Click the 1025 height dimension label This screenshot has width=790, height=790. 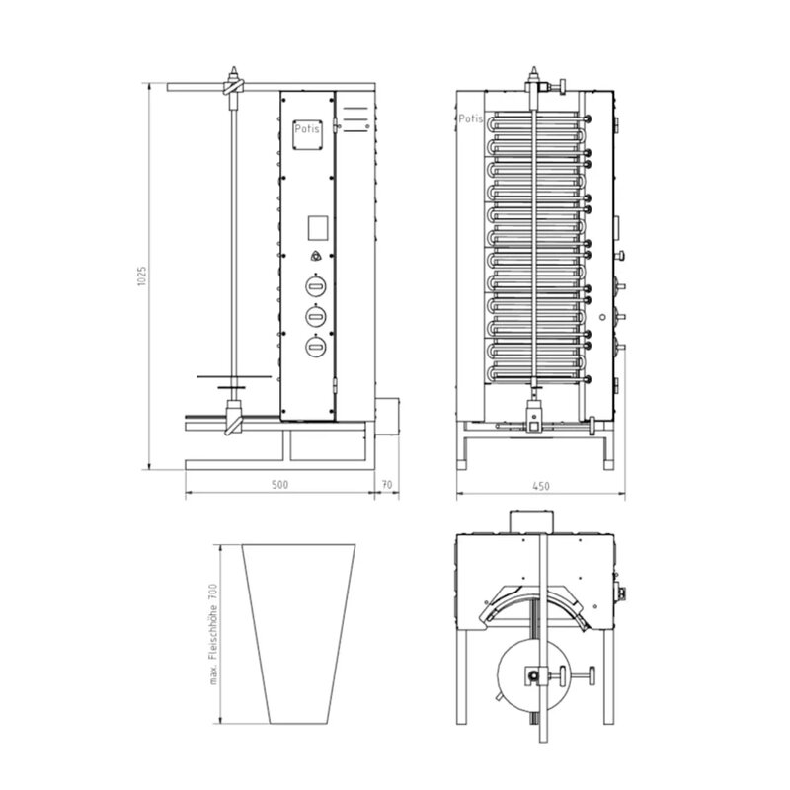(142, 276)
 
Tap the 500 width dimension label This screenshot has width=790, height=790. (279, 485)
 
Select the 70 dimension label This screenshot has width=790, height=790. (386, 485)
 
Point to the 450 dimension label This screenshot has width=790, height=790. (540, 486)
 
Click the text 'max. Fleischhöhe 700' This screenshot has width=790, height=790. (213, 634)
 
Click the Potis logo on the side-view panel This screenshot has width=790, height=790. (307, 129)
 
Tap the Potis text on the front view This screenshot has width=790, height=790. (471, 118)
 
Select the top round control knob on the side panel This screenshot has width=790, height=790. (316, 286)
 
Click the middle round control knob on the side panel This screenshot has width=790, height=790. (316, 316)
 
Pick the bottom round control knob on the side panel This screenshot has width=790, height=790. (316, 347)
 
